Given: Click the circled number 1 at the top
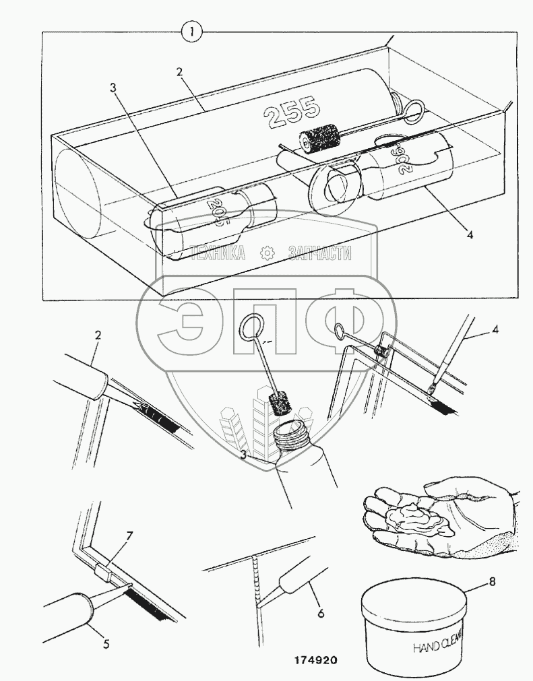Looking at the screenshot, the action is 193,32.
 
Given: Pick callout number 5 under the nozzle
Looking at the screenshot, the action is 106,643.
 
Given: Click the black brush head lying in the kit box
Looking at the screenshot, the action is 319,139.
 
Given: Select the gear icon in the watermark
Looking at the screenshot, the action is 267,253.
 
